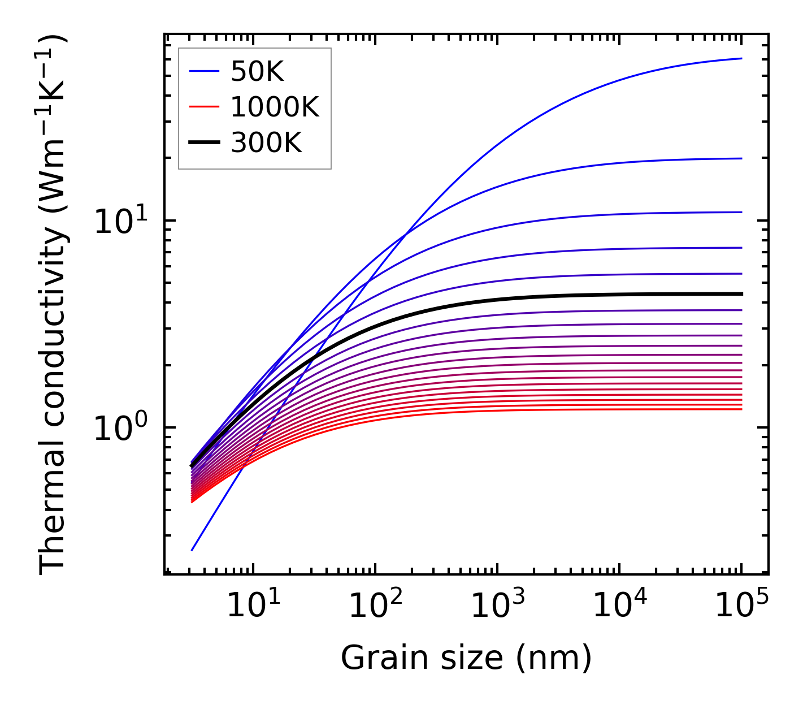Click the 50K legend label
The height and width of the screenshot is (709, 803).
257,72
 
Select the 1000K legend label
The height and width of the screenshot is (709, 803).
275,107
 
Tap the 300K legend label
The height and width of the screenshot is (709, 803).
266,144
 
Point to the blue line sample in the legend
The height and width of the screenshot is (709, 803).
203,71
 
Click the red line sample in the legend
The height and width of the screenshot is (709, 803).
203,107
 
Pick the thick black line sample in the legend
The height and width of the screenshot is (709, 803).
203,143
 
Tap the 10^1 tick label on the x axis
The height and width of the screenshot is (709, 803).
253,606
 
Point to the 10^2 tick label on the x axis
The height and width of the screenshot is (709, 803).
375,606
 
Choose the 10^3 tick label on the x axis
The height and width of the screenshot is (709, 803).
497,606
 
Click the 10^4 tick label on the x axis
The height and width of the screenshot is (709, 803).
619,606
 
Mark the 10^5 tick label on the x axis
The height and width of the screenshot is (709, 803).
741,606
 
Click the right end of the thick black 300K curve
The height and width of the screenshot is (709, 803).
741,294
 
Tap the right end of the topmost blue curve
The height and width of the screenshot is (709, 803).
741,58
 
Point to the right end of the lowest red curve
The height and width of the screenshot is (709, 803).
741,409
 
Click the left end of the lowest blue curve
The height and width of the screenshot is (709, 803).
192,550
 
